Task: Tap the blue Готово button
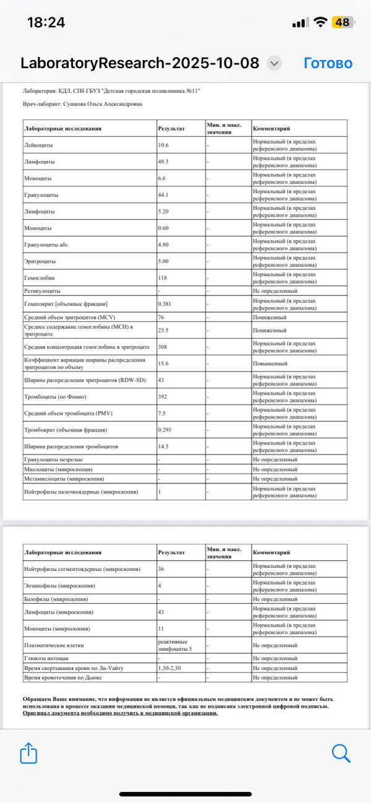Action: coord(328,63)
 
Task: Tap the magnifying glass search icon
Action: coord(341,753)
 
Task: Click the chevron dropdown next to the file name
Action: coord(275,63)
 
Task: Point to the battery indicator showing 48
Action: coord(341,22)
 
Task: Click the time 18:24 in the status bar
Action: coord(46,22)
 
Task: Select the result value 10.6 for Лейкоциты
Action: coord(164,145)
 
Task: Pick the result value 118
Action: coord(164,279)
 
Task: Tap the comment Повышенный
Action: coord(270,363)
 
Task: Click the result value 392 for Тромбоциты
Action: coord(164,397)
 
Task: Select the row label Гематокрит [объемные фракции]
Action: coord(66,304)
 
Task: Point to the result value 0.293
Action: coord(166,430)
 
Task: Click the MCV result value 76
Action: coord(163,317)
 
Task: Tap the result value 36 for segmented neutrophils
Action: coord(163,569)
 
